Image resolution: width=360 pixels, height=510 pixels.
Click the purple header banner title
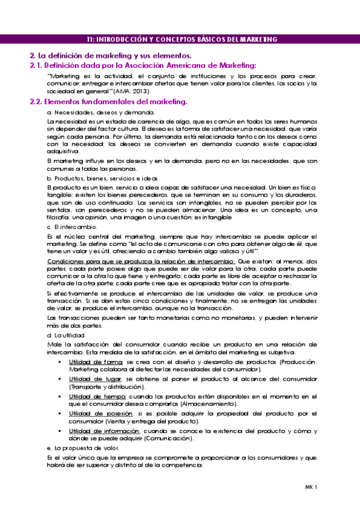pos(181,39)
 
